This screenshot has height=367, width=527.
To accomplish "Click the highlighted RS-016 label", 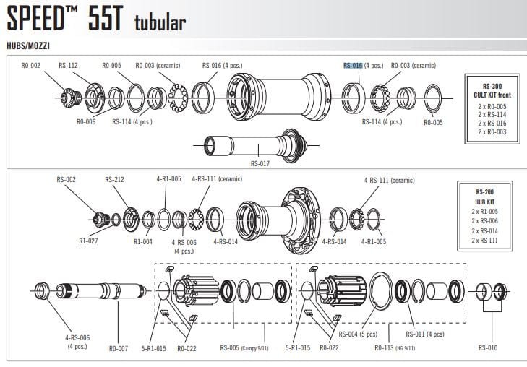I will tap(353, 65).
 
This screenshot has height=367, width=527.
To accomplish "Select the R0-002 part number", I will tap(31, 65).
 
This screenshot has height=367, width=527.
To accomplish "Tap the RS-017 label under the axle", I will tap(260, 163).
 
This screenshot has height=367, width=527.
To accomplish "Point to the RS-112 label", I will tap(68, 65).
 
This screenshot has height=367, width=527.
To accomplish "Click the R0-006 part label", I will tap(86, 122).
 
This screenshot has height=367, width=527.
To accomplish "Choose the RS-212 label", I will tap(114, 179).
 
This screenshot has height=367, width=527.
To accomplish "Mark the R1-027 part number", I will tap(89, 241).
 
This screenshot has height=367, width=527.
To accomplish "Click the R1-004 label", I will tap(143, 241).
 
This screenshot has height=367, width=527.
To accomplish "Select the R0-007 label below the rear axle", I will tap(119, 348).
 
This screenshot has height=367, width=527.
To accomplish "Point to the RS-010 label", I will tap(488, 348).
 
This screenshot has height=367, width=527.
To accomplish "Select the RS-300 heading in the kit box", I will tap(487, 85).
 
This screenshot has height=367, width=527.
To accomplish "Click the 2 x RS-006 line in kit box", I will tap(484, 221).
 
